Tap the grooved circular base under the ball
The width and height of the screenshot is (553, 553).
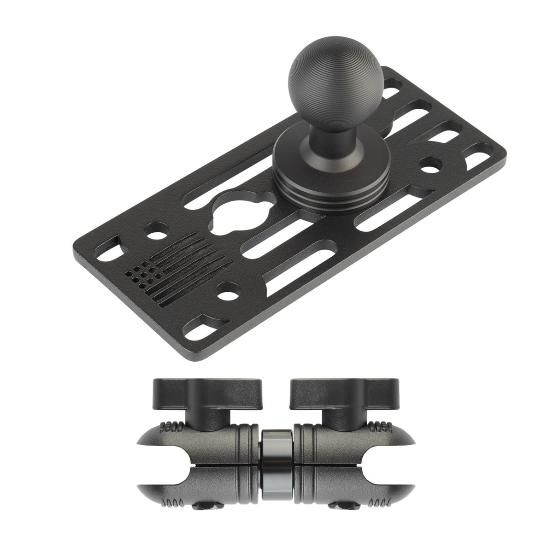318,184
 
